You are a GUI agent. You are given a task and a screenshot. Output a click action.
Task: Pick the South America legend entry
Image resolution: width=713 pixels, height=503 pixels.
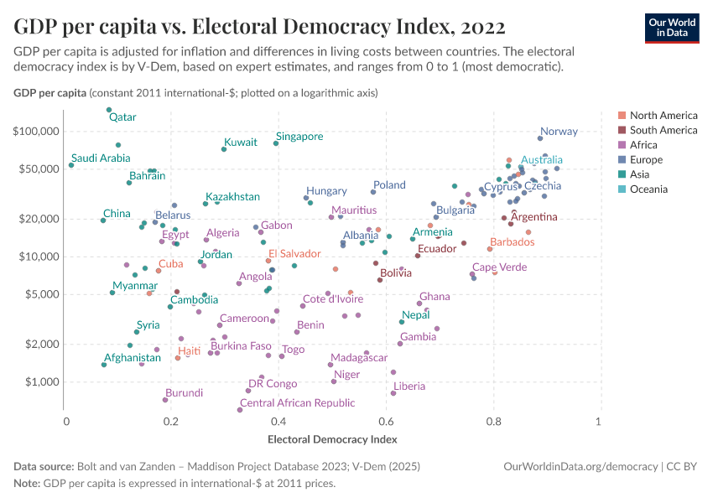point(663,130)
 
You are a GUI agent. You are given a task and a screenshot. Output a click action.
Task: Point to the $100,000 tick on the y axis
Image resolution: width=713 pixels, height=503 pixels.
point(36,132)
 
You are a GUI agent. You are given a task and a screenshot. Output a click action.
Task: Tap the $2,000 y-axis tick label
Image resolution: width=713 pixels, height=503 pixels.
point(39,344)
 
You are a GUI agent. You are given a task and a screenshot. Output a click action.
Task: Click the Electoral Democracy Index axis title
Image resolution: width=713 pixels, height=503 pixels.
point(332,438)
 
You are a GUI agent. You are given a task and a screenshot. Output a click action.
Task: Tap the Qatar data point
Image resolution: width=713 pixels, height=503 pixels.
point(109,110)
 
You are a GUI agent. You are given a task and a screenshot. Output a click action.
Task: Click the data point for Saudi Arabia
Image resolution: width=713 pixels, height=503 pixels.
point(71,165)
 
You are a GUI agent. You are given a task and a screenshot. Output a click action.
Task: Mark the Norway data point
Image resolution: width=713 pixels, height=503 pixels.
point(540,138)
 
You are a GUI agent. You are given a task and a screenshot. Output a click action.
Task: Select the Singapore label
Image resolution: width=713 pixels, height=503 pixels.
point(299,136)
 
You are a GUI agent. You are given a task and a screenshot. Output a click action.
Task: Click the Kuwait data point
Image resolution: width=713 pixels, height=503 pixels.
point(224,149)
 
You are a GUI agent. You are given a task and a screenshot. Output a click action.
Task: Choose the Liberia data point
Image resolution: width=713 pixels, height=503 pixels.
point(393,393)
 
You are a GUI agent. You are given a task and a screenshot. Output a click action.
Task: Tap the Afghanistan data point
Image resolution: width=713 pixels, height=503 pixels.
point(104,365)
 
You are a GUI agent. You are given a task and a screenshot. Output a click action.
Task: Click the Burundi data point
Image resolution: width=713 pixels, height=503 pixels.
point(165,400)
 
